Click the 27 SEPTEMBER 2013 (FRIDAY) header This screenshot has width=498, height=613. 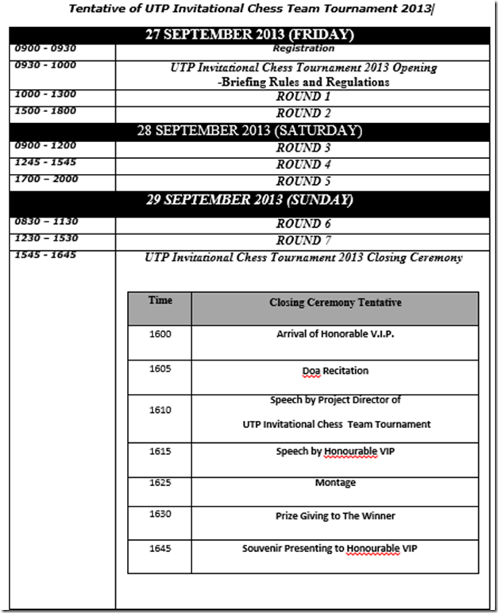point(250,36)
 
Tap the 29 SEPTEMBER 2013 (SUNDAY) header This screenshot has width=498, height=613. point(250,199)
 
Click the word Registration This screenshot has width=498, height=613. point(303,49)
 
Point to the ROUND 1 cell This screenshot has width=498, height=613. point(303,96)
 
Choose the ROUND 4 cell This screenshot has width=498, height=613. point(303,164)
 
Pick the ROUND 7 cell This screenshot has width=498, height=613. point(303,240)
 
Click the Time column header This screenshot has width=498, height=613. point(160,301)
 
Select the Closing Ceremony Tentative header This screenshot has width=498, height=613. point(334,303)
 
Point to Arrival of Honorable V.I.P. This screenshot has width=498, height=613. point(335,334)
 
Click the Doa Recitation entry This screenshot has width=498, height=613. point(335,371)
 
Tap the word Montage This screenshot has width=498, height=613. point(335,482)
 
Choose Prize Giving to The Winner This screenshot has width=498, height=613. point(335,516)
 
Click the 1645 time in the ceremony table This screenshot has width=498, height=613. point(160,548)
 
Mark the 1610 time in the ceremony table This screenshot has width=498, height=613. point(160,411)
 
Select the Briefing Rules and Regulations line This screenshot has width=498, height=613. point(303,82)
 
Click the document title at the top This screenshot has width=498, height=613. point(249,10)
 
